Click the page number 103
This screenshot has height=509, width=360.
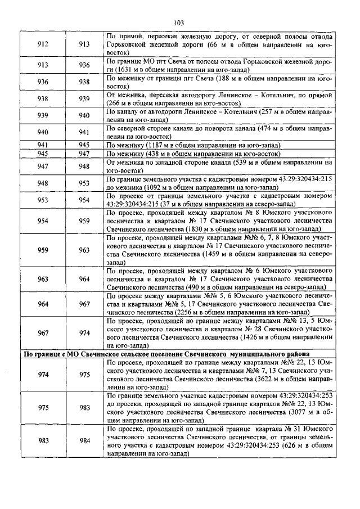click(179, 23)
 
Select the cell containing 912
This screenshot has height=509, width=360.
click(43, 44)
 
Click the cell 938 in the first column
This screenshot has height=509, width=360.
click(43, 99)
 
